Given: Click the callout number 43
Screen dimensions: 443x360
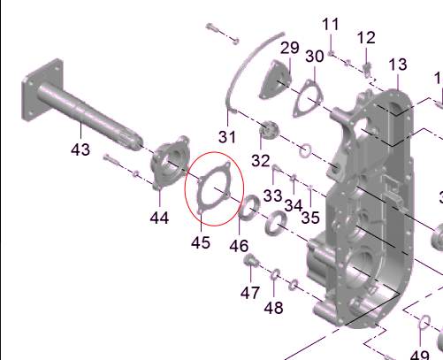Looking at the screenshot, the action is (80, 149).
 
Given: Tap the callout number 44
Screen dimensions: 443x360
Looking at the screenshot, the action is (159, 218).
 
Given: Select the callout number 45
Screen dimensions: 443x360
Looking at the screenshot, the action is (201, 242).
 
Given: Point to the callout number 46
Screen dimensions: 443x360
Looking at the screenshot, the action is (239, 246).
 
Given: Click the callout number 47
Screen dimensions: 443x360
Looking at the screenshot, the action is (250, 293).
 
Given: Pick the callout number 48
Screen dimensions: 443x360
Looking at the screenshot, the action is (273, 308).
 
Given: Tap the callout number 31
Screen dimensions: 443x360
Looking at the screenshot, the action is (227, 137).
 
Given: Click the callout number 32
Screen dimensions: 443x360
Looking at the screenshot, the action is (261, 161).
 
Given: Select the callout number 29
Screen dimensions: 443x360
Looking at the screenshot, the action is (290, 48).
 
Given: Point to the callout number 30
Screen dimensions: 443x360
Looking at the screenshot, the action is (315, 56).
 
